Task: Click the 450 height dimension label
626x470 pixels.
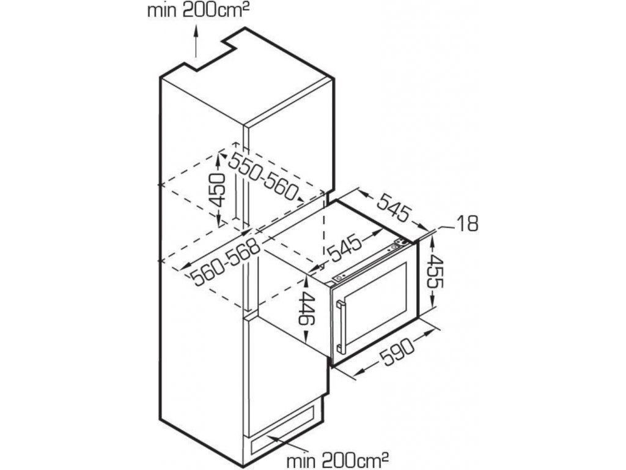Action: click(218, 190)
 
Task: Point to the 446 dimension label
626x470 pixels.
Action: click(307, 310)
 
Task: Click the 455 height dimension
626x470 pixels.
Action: click(435, 272)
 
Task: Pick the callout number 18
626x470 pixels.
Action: click(466, 224)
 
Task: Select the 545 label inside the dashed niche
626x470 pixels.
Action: click(344, 248)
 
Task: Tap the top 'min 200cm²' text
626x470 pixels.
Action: click(196, 10)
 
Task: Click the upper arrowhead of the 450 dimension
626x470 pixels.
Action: click(218, 161)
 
